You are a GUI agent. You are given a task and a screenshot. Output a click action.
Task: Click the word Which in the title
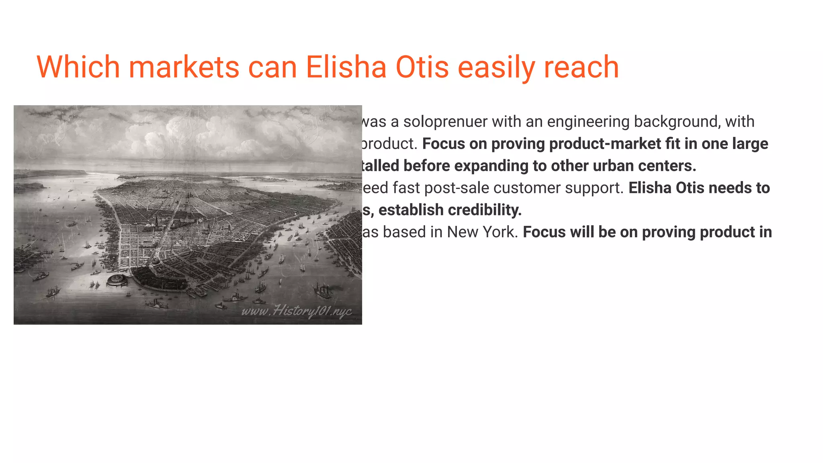pos(78,67)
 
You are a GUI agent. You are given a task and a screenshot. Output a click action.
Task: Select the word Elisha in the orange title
pos(346,67)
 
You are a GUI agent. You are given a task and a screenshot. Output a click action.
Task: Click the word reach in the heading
pos(581,67)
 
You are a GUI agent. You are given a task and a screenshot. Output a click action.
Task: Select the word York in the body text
pos(500,232)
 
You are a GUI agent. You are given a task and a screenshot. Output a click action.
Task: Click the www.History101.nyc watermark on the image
pos(297,311)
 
